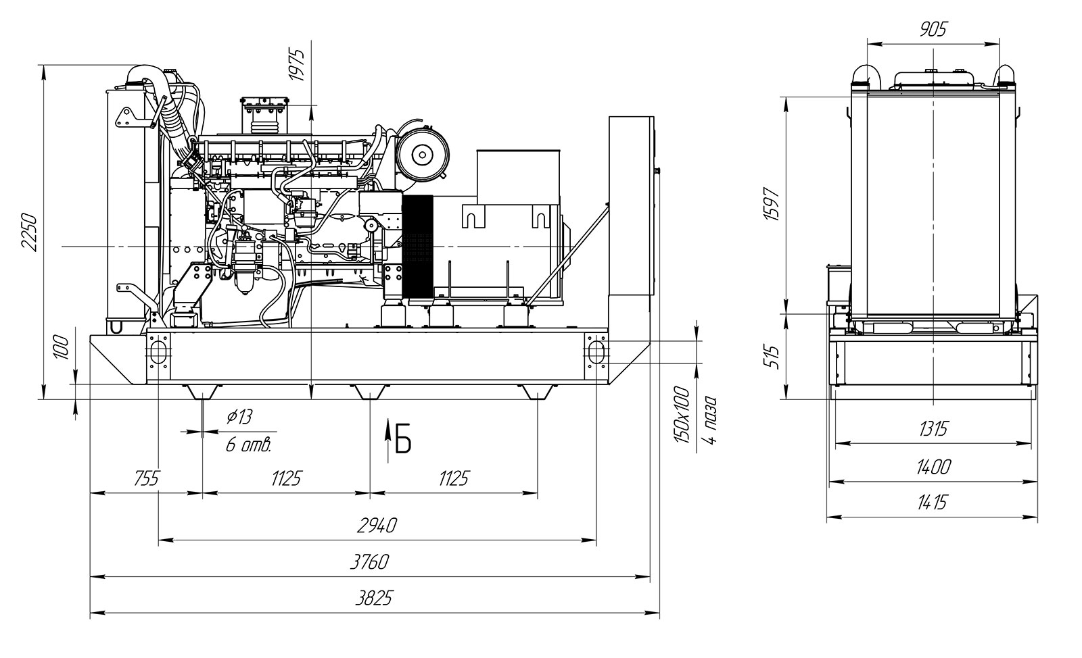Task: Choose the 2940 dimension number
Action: (x=377, y=525)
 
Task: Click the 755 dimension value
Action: (x=146, y=479)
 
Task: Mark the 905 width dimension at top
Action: (x=934, y=29)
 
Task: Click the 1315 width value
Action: (x=934, y=428)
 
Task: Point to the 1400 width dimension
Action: (x=934, y=466)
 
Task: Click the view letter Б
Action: (x=403, y=440)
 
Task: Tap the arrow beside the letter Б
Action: (x=387, y=439)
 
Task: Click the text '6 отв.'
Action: (x=249, y=445)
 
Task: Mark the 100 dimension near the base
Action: (x=62, y=349)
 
